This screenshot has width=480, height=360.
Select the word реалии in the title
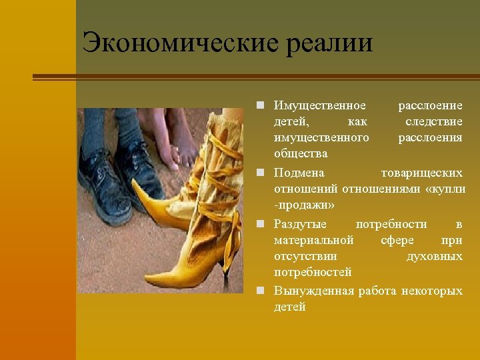[x=329, y=43]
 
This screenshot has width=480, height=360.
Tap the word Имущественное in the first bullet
[x=320, y=106]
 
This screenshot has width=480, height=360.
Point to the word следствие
[x=434, y=122]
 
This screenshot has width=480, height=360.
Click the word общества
[x=301, y=154]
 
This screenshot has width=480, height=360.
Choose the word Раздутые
[x=301, y=224]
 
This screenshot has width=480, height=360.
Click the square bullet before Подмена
[x=265, y=173]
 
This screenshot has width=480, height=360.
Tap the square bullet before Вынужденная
[x=265, y=291]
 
